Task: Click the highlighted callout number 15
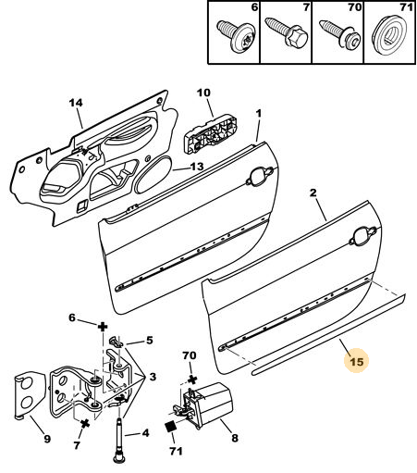tap(357, 361)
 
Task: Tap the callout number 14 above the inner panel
tap(76, 103)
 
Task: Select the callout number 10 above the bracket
tap(203, 93)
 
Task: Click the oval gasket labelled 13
tap(153, 175)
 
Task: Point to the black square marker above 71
tap(170, 427)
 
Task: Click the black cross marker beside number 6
tap(103, 327)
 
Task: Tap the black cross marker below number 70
tap(192, 379)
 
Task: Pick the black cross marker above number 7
tap(85, 423)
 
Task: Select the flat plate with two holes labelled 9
tap(29, 395)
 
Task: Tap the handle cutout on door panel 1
tap(260, 177)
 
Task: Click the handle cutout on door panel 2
tap(363, 236)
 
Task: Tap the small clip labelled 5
tap(117, 342)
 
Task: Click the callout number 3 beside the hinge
tap(153, 377)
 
